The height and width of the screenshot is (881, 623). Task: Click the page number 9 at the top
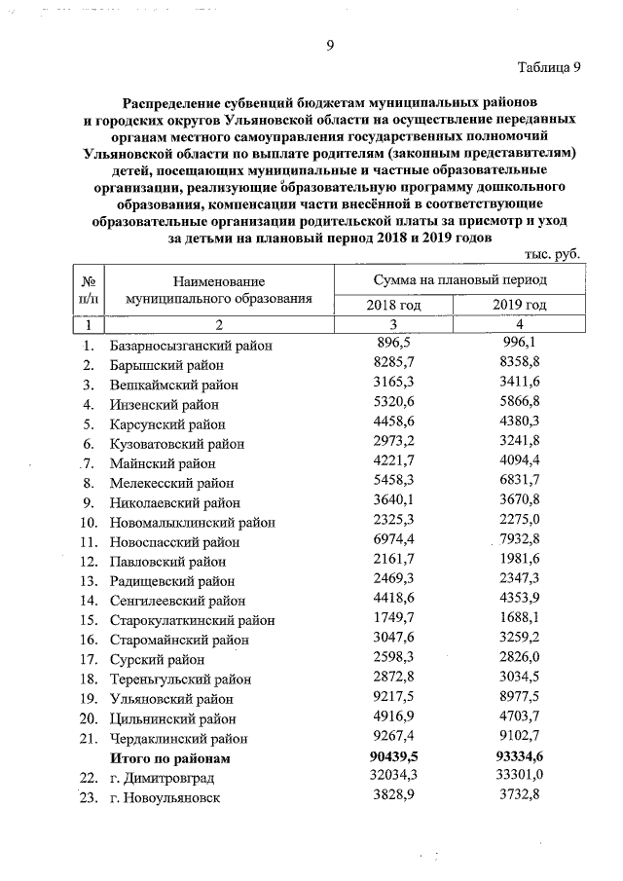point(330,45)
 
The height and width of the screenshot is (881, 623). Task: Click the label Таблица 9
point(548,67)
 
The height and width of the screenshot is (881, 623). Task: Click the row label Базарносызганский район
point(191,345)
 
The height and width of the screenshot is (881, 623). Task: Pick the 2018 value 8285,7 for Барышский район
point(394,363)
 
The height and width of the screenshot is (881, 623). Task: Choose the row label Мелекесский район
point(172,483)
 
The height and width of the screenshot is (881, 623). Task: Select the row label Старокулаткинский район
point(193,620)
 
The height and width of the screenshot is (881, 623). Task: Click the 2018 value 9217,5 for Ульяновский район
point(394,697)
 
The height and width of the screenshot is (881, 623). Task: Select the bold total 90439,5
point(393,756)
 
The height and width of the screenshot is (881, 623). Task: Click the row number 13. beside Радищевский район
point(89,581)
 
